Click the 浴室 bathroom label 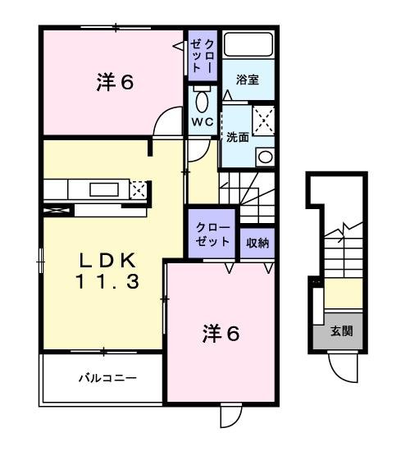[248, 80]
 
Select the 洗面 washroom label [237, 136]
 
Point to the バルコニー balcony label [107, 378]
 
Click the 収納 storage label [257, 243]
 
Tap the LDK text [107, 261]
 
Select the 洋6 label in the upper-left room [114, 83]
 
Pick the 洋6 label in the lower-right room [221, 335]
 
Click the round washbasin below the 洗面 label [265, 156]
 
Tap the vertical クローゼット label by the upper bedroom [203, 54]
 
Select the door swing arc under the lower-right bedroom [230, 417]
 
